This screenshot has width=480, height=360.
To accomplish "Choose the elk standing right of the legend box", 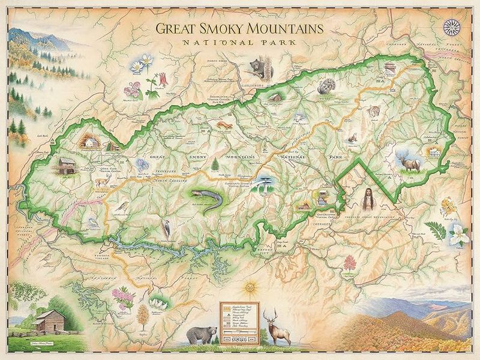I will point(280,327).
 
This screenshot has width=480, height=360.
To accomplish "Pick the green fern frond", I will point(433,229).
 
